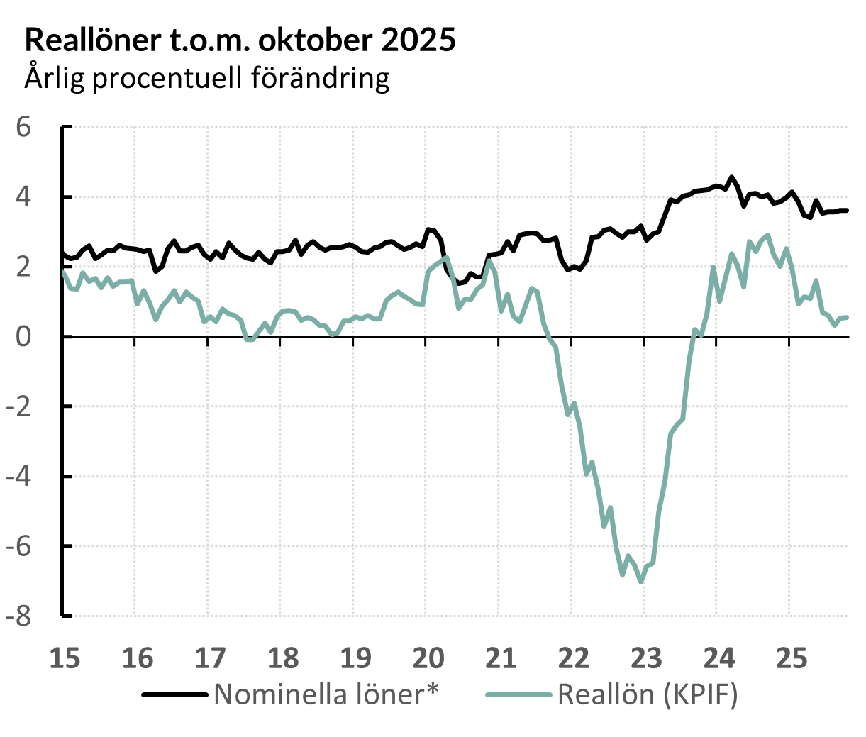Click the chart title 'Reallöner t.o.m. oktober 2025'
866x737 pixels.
click(x=240, y=40)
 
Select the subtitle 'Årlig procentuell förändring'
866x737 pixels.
click(x=207, y=77)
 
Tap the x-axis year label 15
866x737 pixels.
click(x=64, y=658)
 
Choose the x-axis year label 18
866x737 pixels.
click(x=282, y=658)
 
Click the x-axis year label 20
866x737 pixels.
click(x=428, y=658)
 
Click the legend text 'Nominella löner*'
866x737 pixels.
click(x=326, y=694)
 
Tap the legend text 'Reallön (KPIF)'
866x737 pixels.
click(x=648, y=694)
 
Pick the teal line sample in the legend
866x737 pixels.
click(x=518, y=695)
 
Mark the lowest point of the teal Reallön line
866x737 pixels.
click(x=641, y=582)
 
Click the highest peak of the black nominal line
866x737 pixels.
click(x=732, y=177)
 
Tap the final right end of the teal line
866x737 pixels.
click(x=847, y=317)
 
